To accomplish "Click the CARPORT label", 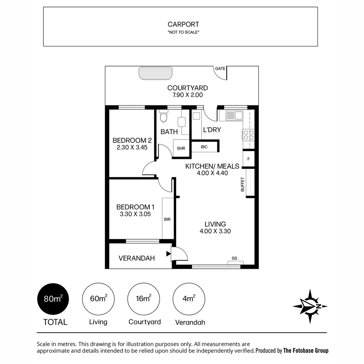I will (x=183, y=24).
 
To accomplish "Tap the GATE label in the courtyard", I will (x=220, y=68).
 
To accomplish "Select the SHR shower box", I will (x=181, y=148).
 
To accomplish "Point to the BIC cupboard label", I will (x=204, y=147).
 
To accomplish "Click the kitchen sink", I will (x=234, y=116).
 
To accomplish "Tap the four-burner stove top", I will (x=249, y=135).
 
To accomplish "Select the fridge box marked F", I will (x=248, y=159).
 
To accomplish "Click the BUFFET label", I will (x=242, y=185).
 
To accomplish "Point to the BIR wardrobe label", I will (x=167, y=219).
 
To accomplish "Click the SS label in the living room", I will (x=234, y=259).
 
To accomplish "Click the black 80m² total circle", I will (x=53, y=299).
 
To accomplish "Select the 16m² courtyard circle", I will (x=144, y=299).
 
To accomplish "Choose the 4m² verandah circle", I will (x=189, y=299).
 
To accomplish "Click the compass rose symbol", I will (x=310, y=306).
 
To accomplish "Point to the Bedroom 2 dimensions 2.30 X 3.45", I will (x=132, y=147).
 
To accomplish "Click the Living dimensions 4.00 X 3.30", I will (x=215, y=231).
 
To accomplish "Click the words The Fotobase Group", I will (x=306, y=351).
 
